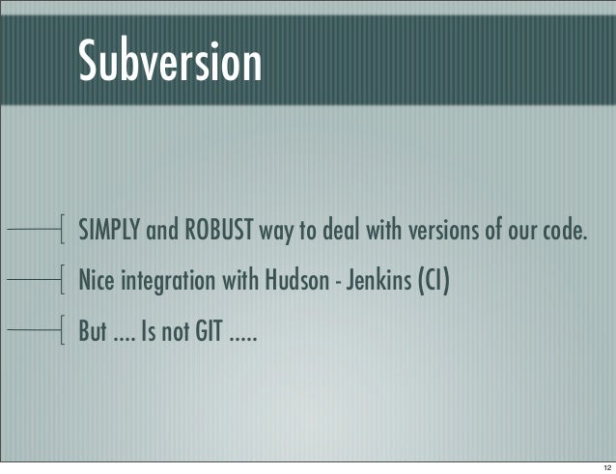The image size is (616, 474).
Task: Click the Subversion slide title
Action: [169, 62]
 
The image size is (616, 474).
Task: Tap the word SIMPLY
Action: [109, 232]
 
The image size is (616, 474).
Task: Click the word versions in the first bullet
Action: [446, 232]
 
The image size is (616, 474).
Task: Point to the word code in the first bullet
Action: [564, 232]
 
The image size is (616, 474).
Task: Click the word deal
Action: [352, 232]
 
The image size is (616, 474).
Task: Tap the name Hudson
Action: [287, 283]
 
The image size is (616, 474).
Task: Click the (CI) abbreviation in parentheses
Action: [432, 283]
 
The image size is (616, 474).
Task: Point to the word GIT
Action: [204, 334]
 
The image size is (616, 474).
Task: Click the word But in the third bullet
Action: [92, 334]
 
